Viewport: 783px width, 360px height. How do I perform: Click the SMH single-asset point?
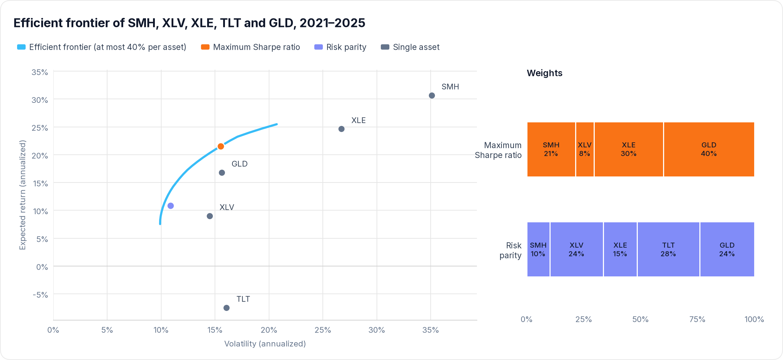click(x=432, y=95)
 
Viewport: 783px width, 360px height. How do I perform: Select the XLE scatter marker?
click(x=341, y=129)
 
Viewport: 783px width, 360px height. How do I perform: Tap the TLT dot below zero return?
click(x=226, y=308)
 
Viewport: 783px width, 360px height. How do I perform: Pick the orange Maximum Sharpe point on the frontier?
click(x=221, y=146)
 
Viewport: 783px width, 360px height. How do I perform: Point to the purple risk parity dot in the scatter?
click(x=170, y=206)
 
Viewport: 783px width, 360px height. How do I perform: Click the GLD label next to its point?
click(x=240, y=164)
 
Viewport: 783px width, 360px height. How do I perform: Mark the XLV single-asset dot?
click(x=210, y=216)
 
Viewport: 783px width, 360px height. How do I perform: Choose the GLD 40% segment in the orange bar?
click(x=709, y=149)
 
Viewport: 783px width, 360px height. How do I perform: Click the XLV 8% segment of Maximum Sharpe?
click(x=585, y=149)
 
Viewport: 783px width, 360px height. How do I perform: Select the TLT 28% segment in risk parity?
click(x=668, y=249)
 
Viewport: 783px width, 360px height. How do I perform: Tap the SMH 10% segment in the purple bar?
click(x=538, y=249)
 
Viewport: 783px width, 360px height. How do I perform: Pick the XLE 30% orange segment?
click(x=629, y=149)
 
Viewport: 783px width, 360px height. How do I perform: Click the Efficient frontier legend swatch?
click(x=21, y=47)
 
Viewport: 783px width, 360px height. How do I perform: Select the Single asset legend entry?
click(x=410, y=47)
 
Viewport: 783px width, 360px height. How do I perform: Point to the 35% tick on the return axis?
click(x=40, y=72)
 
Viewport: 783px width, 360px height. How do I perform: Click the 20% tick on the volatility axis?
click(x=269, y=330)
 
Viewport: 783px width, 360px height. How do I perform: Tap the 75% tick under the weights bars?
click(x=697, y=319)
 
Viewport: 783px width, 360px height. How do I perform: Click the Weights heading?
click(x=545, y=73)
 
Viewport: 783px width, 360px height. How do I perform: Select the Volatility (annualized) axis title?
click(x=265, y=344)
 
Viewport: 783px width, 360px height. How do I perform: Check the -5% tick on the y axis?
click(x=40, y=295)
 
